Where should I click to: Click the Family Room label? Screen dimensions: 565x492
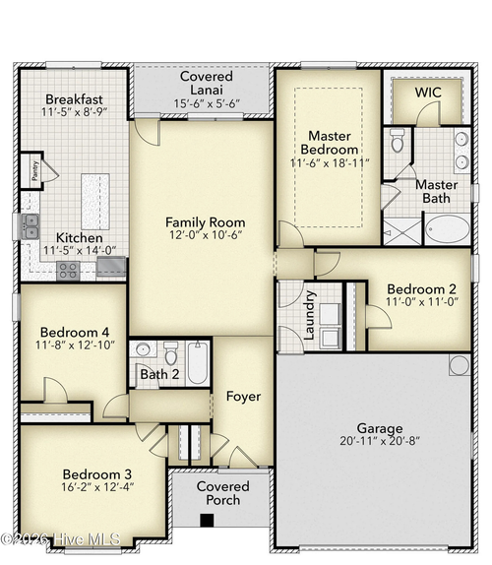205,222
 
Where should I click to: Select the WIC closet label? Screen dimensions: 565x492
427,92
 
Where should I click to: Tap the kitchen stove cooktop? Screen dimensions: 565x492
67,270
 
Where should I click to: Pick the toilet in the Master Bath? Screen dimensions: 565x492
398,141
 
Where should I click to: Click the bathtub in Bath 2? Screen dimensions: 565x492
198,364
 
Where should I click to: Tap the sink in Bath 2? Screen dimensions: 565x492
143,350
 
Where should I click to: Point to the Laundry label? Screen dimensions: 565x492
308,315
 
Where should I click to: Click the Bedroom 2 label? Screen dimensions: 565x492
420,289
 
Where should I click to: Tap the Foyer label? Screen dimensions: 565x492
243,397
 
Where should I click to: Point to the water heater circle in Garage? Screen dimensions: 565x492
459,365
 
